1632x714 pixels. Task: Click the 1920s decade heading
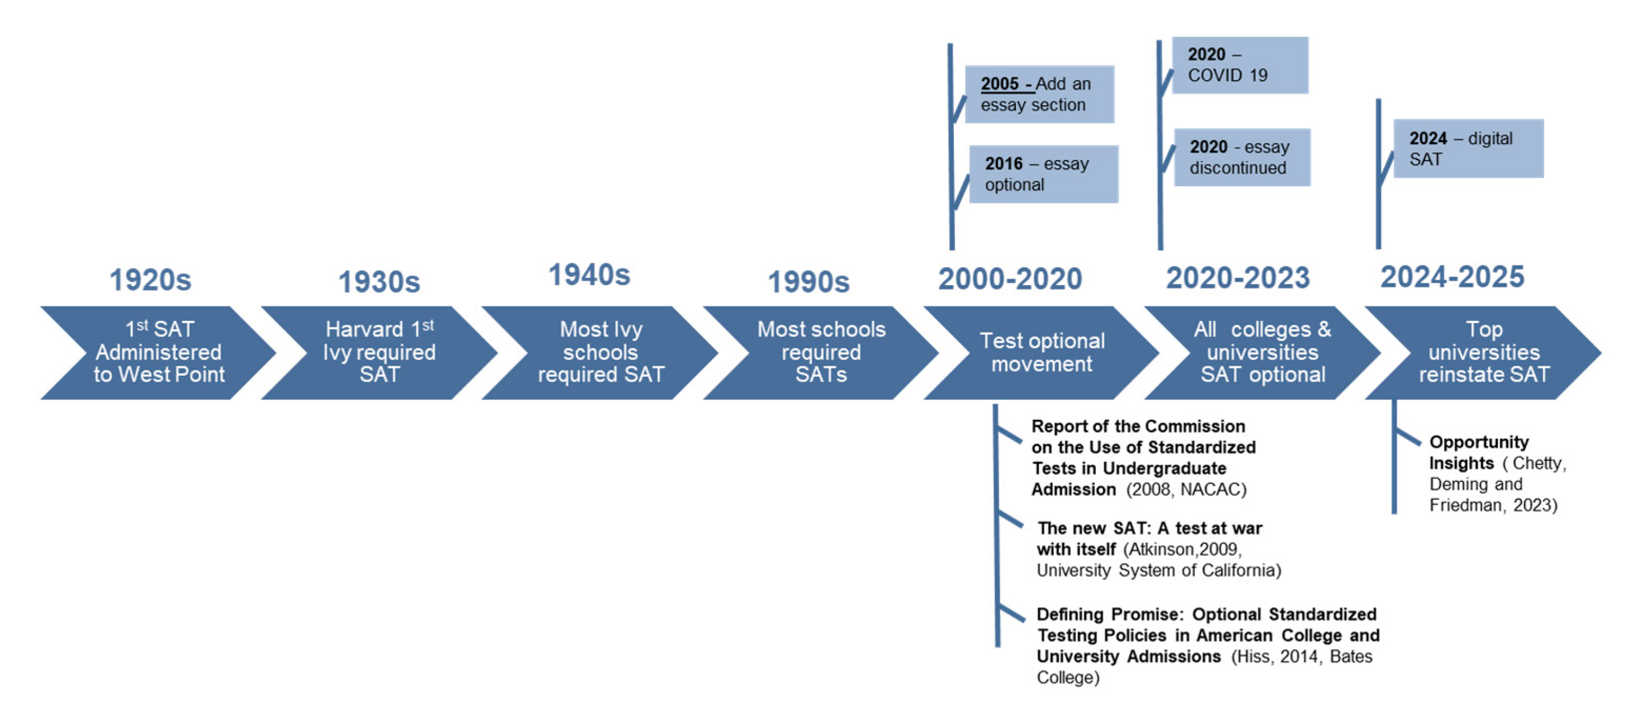pos(150,280)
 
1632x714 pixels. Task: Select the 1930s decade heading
pos(379,282)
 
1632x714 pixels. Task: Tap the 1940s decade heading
pos(589,275)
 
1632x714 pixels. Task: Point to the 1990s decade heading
pos(808,282)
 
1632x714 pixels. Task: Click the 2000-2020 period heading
pos(1010,280)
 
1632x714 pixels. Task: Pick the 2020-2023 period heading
pos(1237,278)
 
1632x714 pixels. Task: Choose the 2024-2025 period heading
pos(1452,277)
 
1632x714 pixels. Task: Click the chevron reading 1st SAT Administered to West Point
pos(158,352)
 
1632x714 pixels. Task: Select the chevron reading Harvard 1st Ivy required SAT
pos(379,352)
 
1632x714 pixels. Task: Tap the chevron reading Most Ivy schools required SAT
pos(600,352)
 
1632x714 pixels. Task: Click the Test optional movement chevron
pos(1042,352)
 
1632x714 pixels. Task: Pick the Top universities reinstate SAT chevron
pos(1483,352)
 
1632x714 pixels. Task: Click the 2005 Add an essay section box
pos(1039,94)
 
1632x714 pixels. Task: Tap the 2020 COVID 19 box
pos(1240,65)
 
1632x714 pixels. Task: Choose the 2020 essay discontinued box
pos(1242,157)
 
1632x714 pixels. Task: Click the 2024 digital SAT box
pos(1468,149)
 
